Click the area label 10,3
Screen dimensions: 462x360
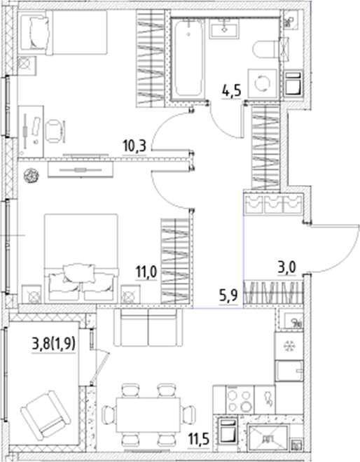click(x=133, y=146)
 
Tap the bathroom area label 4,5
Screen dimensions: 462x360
click(x=232, y=91)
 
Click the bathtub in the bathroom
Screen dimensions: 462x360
click(x=188, y=59)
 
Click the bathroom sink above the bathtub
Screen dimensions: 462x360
click(x=225, y=27)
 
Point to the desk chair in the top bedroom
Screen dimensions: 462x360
click(x=55, y=129)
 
